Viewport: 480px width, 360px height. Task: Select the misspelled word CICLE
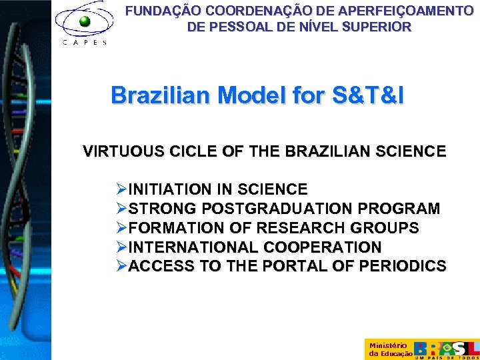[x=179, y=151]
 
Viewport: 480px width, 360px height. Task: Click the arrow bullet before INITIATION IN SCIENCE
[x=121, y=189]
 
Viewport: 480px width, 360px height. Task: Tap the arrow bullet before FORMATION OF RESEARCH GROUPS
[x=121, y=228]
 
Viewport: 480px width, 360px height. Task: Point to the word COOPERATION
[x=323, y=247]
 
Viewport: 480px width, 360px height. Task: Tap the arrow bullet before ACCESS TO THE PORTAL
[x=121, y=267]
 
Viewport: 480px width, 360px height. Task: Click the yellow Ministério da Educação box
[x=388, y=349]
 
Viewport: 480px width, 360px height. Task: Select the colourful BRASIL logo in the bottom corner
[x=447, y=349]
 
